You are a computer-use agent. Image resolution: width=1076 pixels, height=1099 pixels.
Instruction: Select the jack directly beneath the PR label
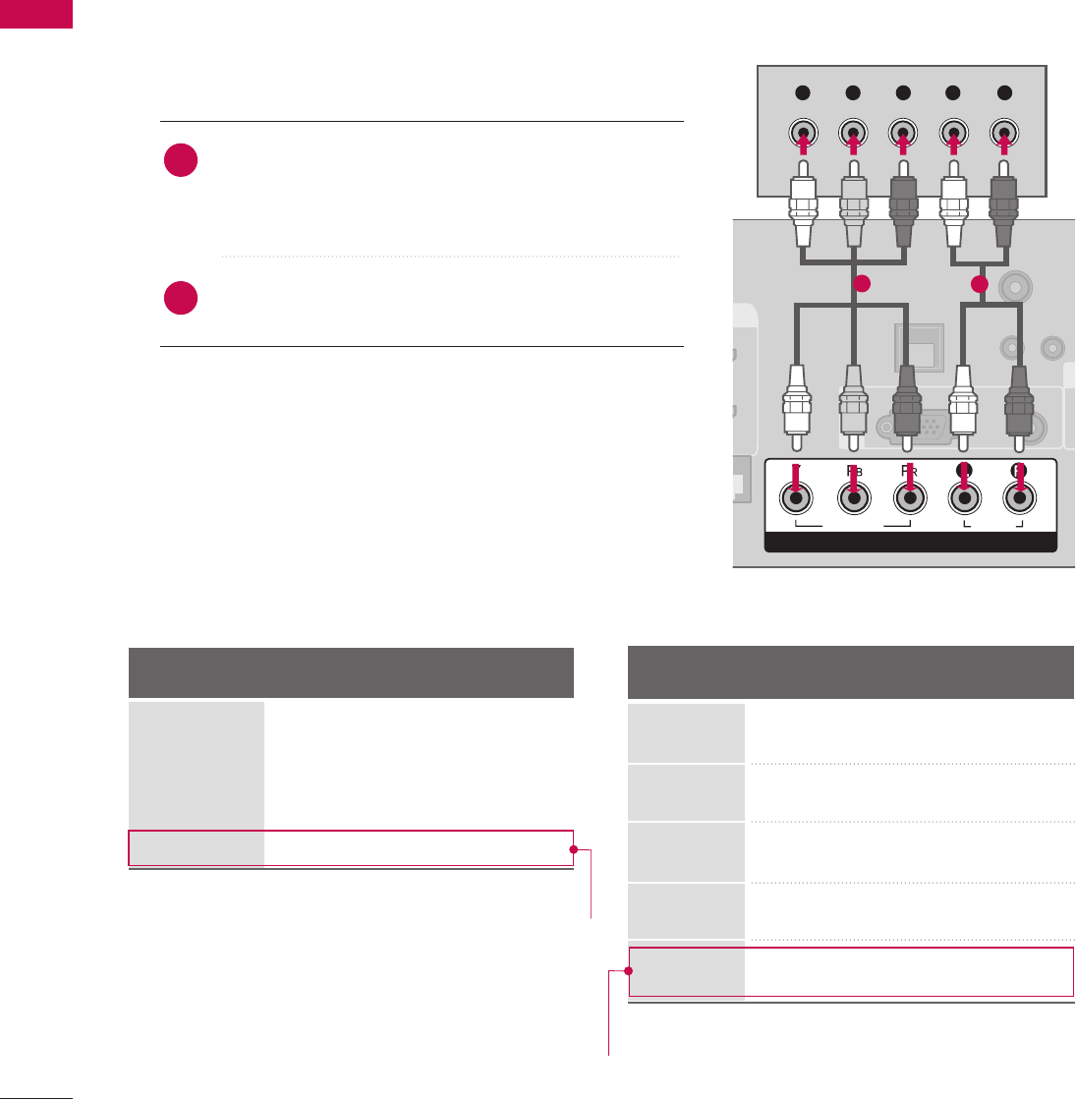click(x=909, y=498)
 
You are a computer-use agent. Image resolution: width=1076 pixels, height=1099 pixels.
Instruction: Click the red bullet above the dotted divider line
click(x=182, y=161)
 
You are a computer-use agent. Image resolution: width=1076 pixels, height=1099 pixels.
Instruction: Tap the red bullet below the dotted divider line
click(x=182, y=298)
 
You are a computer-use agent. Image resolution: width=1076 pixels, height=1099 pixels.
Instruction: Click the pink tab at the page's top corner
click(x=36, y=14)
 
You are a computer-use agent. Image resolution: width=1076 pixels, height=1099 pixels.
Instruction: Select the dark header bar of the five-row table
click(x=850, y=672)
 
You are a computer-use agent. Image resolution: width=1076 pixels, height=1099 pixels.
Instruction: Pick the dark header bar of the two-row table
click(x=351, y=672)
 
